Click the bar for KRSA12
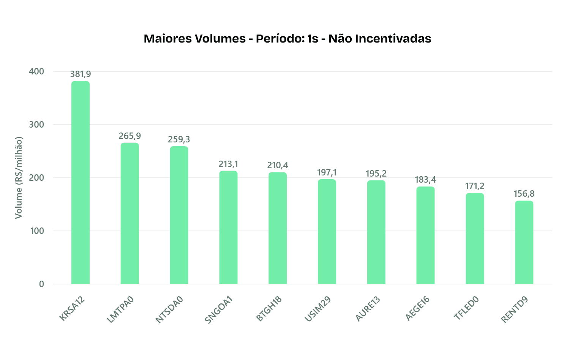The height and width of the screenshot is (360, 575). [x=81, y=182]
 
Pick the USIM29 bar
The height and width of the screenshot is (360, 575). [x=327, y=232]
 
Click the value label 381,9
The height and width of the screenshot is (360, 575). [x=81, y=74]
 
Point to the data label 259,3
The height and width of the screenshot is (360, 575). [x=179, y=139]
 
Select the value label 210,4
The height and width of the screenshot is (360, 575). [x=278, y=165]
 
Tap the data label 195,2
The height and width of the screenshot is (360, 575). [x=376, y=174]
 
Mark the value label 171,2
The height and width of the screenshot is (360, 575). [x=475, y=186]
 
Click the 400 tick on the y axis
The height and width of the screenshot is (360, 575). [x=36, y=71]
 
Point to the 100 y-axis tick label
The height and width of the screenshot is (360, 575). [x=36, y=231]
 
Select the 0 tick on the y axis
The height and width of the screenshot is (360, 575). [x=41, y=284]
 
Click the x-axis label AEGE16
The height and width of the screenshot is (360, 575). [x=417, y=308]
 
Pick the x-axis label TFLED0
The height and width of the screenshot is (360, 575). [x=466, y=308]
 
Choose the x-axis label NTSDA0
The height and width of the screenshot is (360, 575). [x=169, y=309]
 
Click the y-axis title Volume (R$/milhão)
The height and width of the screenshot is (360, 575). [x=19, y=178]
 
